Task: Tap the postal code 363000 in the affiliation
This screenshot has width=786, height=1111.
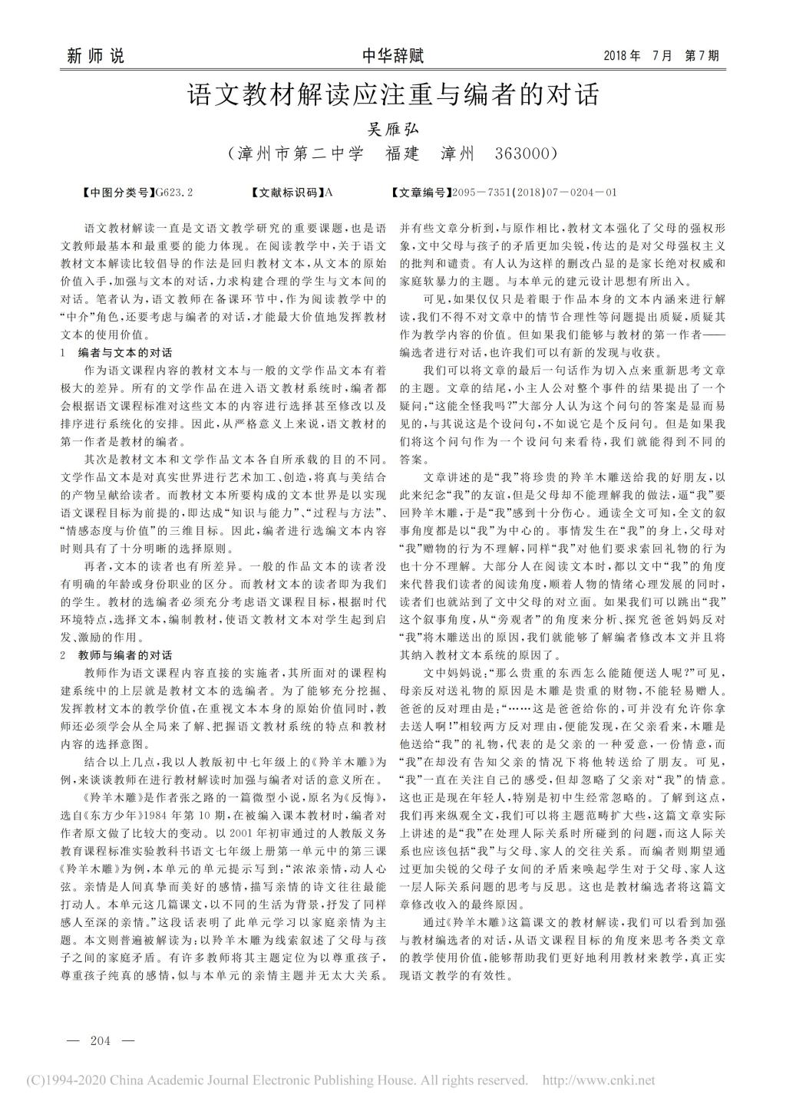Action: pyautogui.click(x=526, y=153)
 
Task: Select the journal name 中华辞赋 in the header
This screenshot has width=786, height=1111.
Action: pyautogui.click(x=392, y=56)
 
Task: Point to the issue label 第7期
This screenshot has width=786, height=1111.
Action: pyautogui.click(x=702, y=56)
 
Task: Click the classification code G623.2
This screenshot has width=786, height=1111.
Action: pyautogui.click(x=173, y=192)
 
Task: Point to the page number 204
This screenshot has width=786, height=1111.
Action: pyautogui.click(x=101, y=1041)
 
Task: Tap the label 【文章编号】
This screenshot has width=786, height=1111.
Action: pyautogui.click(x=421, y=192)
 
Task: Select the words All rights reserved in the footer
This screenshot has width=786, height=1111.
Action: pyautogui.click(x=475, y=1080)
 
